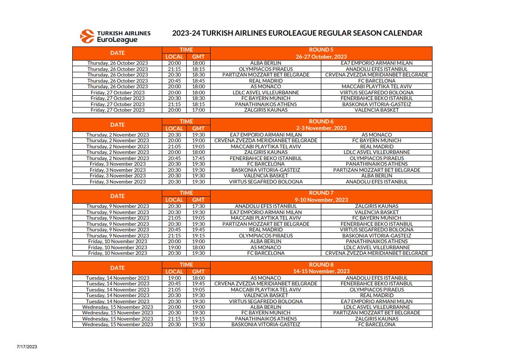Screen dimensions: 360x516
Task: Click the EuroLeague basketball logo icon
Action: tap(87, 36)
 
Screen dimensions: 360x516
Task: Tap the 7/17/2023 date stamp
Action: tap(27, 347)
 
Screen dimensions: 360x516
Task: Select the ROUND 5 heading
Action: tap(321, 50)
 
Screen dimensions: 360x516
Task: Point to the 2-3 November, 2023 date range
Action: tap(321, 128)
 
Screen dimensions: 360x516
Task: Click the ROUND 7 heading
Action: tap(321, 193)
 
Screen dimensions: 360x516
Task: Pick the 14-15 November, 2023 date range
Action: tap(321, 271)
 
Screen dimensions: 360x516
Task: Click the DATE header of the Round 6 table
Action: tap(117, 125)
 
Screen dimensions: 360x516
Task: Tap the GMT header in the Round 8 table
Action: tap(198, 271)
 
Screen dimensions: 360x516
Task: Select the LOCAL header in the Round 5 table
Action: tap(175, 57)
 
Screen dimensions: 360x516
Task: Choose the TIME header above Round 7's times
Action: tap(186, 193)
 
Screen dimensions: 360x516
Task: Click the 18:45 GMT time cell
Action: tap(198, 81)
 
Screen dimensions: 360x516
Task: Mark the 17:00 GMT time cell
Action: tap(198, 110)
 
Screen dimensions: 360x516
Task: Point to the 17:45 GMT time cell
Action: tap(198, 158)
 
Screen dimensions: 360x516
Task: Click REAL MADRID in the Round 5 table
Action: tap(266, 81)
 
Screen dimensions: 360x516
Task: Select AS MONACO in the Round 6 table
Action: tap(376, 135)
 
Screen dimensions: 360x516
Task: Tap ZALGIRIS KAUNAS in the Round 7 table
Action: tap(376, 206)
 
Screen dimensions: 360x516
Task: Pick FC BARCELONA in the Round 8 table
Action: tap(376, 324)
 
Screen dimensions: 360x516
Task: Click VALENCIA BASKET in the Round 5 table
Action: tap(376, 110)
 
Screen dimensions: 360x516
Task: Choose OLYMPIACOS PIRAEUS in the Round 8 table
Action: tap(376, 290)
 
